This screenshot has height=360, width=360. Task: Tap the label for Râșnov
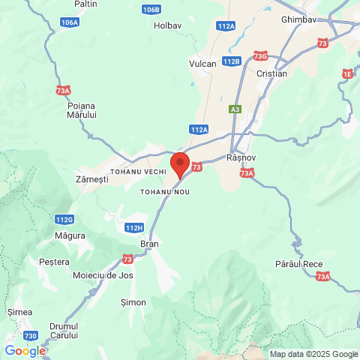[x=241, y=158]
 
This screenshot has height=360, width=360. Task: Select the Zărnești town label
[x=93, y=180]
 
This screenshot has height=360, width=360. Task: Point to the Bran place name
[x=150, y=244]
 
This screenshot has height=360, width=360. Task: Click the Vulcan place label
[x=202, y=64]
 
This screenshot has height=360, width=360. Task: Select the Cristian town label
[x=271, y=73]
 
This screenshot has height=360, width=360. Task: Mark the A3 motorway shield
[x=235, y=109]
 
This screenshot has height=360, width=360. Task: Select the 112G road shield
[x=64, y=219]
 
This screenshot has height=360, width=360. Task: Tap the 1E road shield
[x=347, y=73]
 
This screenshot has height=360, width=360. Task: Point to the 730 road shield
[x=31, y=335]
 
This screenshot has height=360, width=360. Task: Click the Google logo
[x=25, y=351]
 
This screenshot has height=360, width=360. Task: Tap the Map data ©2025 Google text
[x=314, y=354]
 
